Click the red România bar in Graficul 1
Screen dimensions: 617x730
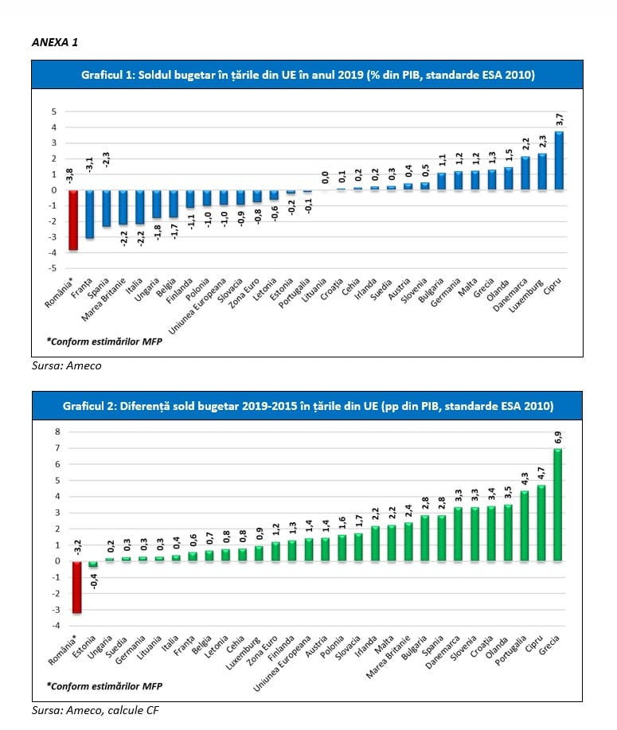coord(73,221)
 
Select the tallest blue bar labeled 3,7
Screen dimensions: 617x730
coord(559,161)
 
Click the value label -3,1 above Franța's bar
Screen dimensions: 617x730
coord(90,164)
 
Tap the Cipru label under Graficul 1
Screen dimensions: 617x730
coord(553,286)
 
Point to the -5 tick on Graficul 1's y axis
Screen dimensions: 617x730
coord(53,268)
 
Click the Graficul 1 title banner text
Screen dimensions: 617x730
coord(308,75)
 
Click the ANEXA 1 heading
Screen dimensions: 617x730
coord(55,42)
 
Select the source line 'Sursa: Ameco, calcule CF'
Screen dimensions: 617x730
coord(95,710)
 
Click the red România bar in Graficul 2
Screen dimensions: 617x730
coord(77,587)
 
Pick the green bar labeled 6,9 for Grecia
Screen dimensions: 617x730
coord(557,505)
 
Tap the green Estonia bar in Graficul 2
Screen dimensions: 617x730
coord(93,564)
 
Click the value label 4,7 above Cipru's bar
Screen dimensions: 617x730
coord(541,474)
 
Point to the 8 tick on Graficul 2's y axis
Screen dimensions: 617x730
coord(58,431)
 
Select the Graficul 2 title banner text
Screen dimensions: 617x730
coord(308,406)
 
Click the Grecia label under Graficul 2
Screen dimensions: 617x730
coord(549,645)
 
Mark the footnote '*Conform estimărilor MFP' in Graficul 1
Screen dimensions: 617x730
coord(104,342)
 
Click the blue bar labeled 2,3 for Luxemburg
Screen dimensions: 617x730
coord(542,172)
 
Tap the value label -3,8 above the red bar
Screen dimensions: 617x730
coord(69,177)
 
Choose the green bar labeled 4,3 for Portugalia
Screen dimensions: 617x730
coord(525,525)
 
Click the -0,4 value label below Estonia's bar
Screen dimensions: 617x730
coord(94,581)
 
